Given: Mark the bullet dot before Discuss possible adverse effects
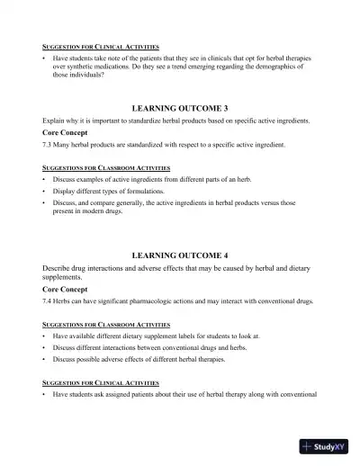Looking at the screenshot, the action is click(44, 359).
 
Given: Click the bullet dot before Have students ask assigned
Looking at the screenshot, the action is click(44, 394).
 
